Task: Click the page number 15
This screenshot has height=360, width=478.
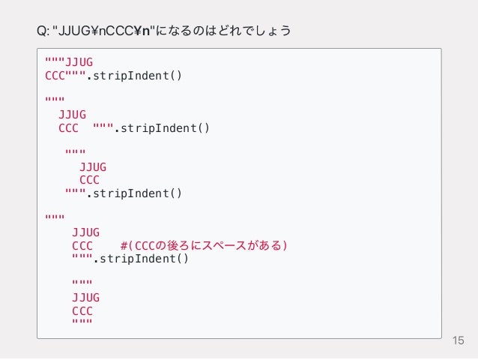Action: [x=459, y=342]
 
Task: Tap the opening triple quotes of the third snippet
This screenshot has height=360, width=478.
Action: [x=75, y=154]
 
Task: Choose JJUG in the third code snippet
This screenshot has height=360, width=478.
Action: [x=93, y=166]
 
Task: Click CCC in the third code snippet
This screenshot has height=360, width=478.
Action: [x=89, y=180]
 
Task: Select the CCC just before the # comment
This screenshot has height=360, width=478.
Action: [x=82, y=246]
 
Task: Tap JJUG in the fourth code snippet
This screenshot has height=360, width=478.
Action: [x=85, y=232]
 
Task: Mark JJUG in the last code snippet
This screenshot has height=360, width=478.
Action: [x=85, y=298]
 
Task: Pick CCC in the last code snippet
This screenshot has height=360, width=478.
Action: [x=82, y=310]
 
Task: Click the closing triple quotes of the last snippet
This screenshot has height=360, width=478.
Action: [x=82, y=323]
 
